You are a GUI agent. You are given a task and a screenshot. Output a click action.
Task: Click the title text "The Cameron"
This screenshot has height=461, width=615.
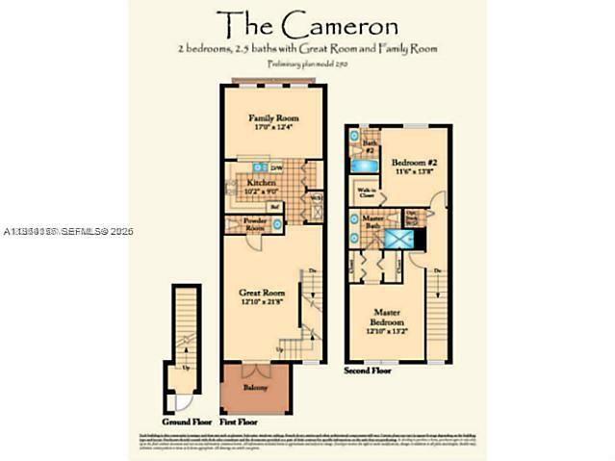(x=307, y=23)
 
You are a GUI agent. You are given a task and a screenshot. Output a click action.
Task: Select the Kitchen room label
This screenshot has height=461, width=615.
(x=262, y=182)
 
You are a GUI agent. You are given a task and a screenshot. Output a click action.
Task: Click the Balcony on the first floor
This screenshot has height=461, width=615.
(x=255, y=387)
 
